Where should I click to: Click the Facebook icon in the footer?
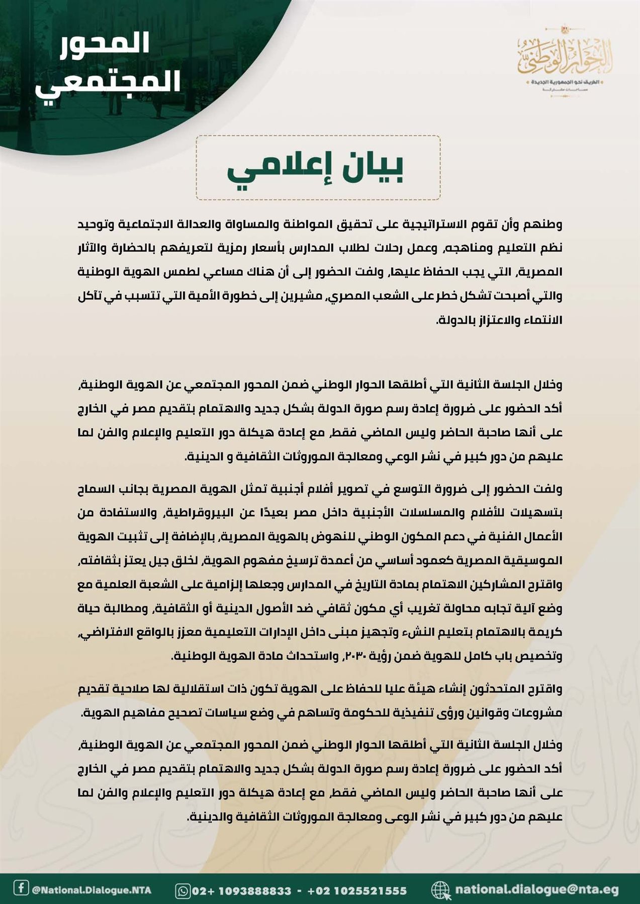pyautogui.click(x=21, y=888)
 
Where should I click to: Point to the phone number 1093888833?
pyautogui.click(x=254, y=891)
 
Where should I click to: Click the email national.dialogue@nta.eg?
pyautogui.click(x=536, y=890)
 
